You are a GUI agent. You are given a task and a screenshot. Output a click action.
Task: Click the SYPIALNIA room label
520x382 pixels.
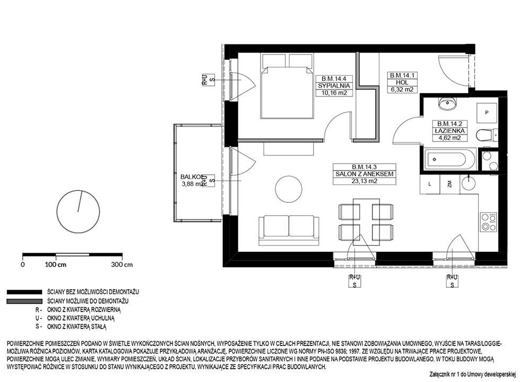tap(334, 86)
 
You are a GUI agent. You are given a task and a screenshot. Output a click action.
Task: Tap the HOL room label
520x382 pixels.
tap(402, 83)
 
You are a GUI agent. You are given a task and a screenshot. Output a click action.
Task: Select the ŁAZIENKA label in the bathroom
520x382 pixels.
tap(449, 131)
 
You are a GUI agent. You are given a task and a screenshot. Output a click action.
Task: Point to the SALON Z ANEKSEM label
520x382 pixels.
tap(365, 174)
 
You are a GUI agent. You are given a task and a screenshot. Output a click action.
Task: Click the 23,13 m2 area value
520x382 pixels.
tap(365, 181)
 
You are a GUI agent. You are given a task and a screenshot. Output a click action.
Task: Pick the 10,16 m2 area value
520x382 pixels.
tap(334, 93)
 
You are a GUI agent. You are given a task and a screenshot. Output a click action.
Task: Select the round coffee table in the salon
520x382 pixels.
tap(289, 189)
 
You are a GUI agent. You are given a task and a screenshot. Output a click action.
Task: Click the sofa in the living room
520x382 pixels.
tap(289, 230)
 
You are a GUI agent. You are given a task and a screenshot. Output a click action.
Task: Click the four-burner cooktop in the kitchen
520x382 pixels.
tap(489, 222)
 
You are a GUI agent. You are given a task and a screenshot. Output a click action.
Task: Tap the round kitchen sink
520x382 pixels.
tap(468, 183)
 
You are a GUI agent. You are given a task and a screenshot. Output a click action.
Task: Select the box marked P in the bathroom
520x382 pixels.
tap(487, 113)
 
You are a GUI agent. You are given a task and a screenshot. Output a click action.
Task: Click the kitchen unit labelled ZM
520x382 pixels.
tap(449, 184)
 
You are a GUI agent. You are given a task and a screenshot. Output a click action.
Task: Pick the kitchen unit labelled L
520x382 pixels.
tap(430, 184)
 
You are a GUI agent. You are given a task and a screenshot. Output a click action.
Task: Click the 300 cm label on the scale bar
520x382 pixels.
tap(122, 264)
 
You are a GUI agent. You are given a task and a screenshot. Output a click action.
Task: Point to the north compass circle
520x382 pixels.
tap(79, 211)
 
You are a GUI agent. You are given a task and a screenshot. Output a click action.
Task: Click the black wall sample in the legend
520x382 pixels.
tap(24, 292)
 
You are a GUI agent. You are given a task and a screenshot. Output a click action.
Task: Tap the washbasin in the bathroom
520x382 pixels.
tap(448, 104)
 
